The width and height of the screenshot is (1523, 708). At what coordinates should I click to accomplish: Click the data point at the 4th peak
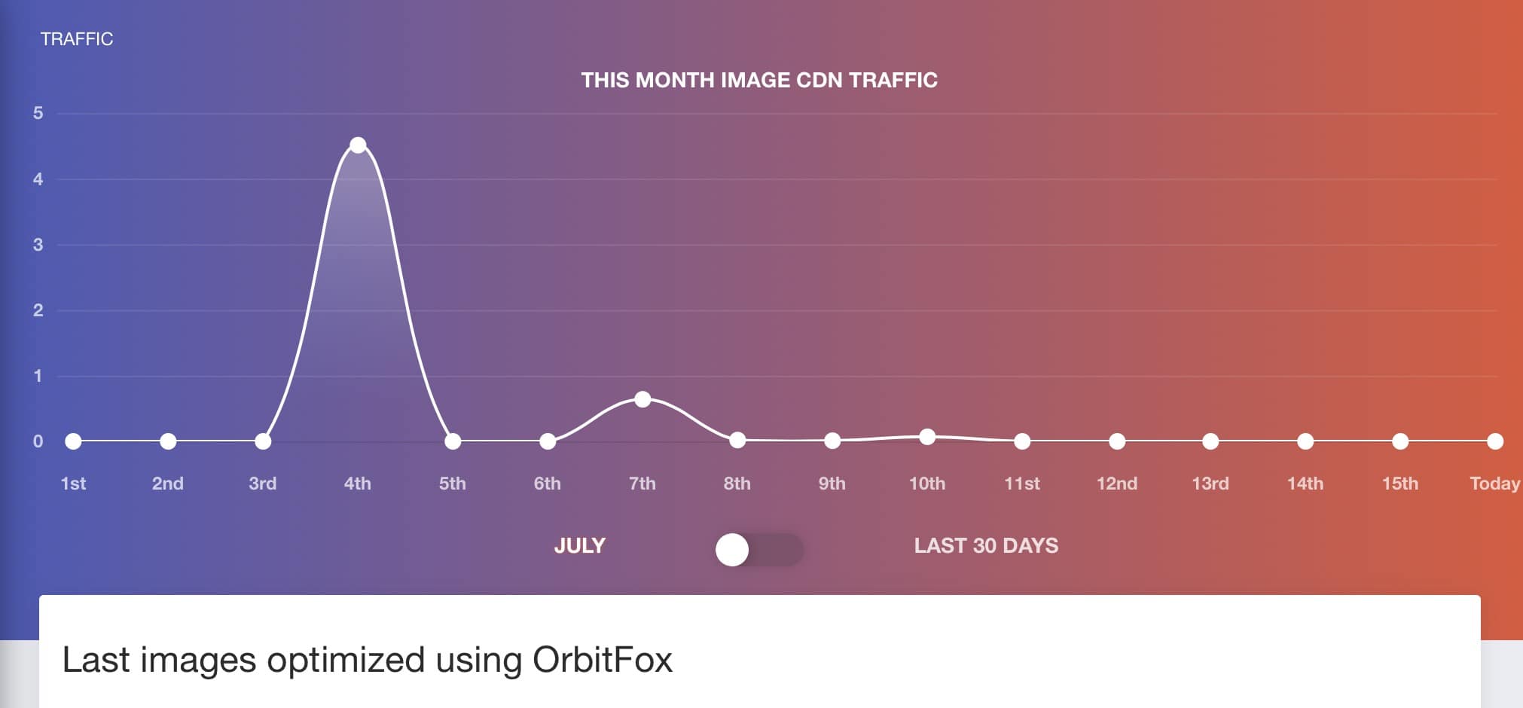tap(358, 145)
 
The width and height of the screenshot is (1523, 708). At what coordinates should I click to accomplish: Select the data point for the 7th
tap(642, 399)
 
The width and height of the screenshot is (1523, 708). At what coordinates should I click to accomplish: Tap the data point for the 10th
tap(927, 437)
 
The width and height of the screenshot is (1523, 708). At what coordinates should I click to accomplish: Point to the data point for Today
tap(1495, 441)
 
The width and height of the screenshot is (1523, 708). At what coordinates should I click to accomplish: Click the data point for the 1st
tap(73, 441)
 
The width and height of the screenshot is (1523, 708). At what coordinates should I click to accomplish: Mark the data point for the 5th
tap(453, 441)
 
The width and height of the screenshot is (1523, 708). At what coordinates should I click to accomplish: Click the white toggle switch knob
tap(732, 550)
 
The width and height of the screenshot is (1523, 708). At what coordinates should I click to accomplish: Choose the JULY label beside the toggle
tap(579, 545)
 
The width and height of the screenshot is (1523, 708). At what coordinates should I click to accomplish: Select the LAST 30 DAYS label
tap(986, 545)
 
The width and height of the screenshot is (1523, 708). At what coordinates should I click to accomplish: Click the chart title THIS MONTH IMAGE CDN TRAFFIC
tap(759, 80)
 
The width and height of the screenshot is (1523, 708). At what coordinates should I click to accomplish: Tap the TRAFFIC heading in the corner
tap(77, 39)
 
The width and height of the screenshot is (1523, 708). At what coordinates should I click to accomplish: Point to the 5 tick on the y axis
tap(38, 114)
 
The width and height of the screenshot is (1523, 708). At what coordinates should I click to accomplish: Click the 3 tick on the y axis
tap(38, 245)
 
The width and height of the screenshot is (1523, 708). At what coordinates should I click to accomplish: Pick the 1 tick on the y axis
tap(38, 376)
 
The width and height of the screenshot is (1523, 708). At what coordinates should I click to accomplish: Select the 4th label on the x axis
tap(358, 484)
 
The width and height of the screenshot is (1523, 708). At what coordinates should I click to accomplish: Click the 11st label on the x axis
tap(1022, 484)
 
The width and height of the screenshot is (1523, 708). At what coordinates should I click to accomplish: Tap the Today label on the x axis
tap(1494, 484)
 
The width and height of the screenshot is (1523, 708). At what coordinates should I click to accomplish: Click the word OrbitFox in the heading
tap(602, 660)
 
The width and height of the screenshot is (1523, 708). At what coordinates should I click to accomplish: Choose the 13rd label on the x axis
tap(1210, 484)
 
